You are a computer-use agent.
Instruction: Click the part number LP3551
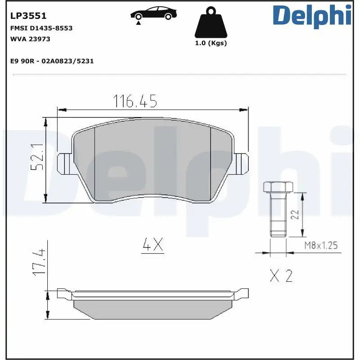(x=28, y=16)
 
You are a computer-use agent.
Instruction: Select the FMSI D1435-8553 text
(x=41, y=28)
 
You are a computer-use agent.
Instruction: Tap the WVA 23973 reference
(x=30, y=39)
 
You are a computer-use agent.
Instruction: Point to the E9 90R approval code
(x=52, y=61)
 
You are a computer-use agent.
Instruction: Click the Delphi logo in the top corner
(x=311, y=16)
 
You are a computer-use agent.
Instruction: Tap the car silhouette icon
(x=153, y=13)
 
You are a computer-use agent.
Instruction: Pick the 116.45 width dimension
(x=135, y=102)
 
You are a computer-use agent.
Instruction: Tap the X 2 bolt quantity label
(x=281, y=275)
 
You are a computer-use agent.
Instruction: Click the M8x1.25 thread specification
(x=320, y=245)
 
